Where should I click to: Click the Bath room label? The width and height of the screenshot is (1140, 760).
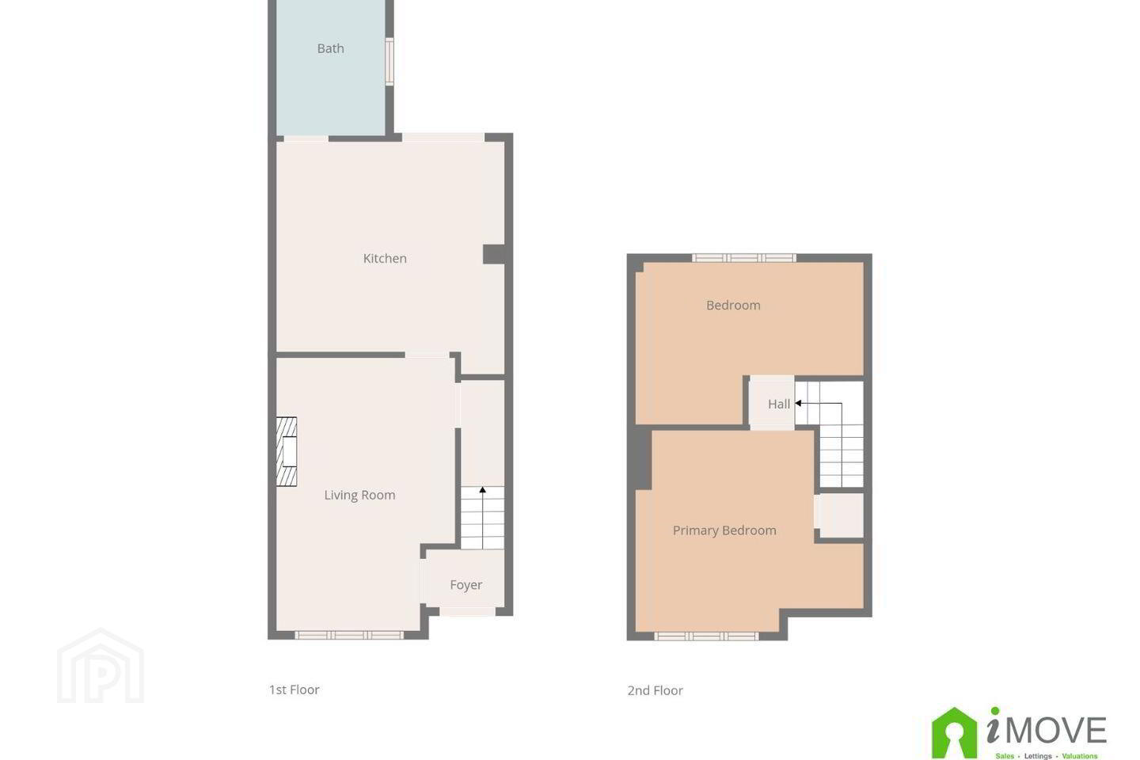(x=330, y=48)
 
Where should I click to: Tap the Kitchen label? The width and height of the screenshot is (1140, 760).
(x=385, y=259)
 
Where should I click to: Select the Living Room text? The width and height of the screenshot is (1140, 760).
(x=359, y=496)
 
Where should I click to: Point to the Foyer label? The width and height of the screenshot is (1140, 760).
(x=465, y=585)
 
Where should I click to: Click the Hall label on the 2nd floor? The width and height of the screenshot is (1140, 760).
(x=779, y=405)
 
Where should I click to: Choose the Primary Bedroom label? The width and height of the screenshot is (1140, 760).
(x=724, y=530)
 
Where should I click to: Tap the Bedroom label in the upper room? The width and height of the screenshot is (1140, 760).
(x=733, y=306)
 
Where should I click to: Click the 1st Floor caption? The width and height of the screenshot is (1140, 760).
(x=294, y=690)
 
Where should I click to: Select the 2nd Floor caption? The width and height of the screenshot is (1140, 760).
(x=655, y=691)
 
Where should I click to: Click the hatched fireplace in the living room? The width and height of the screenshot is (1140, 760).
(x=287, y=451)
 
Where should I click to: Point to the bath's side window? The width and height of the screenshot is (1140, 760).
(x=389, y=62)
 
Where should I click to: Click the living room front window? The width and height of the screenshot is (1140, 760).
(x=349, y=635)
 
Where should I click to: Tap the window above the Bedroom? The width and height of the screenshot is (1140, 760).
(x=744, y=257)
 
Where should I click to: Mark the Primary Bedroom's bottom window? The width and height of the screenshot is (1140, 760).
(x=706, y=636)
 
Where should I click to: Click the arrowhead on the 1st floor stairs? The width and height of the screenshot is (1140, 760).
(x=482, y=490)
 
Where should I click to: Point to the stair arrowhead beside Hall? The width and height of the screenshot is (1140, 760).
(x=798, y=403)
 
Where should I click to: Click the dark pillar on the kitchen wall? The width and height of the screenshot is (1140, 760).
(x=494, y=255)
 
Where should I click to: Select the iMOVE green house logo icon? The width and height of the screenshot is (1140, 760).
(x=954, y=732)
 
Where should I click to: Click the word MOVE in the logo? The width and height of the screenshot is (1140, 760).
(x=1057, y=731)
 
